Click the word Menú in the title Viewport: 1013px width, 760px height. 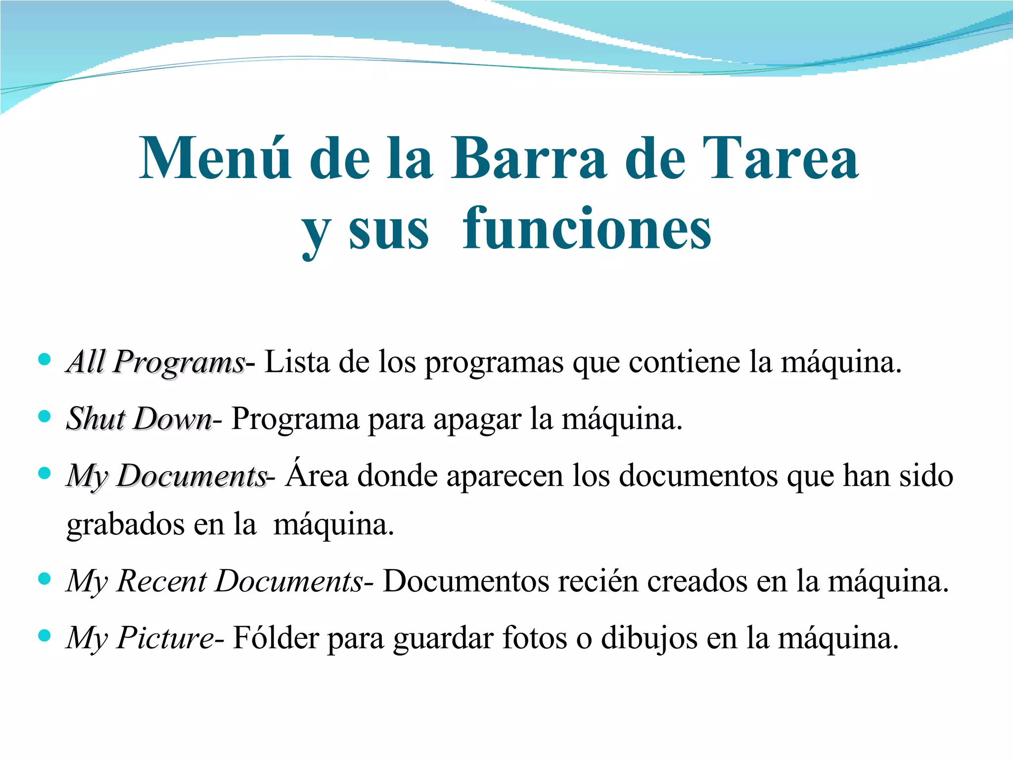pos(215,158)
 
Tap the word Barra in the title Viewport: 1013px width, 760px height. pos(528,158)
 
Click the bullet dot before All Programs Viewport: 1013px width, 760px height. pos(45,359)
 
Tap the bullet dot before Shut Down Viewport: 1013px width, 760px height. pos(45,417)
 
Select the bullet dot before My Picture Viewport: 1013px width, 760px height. pos(45,635)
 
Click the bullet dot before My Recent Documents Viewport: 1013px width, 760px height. pos(45,578)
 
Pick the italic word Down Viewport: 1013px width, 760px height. pos(173,420)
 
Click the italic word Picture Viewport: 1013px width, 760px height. pos(165,638)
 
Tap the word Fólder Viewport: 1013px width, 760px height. pos(276,638)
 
